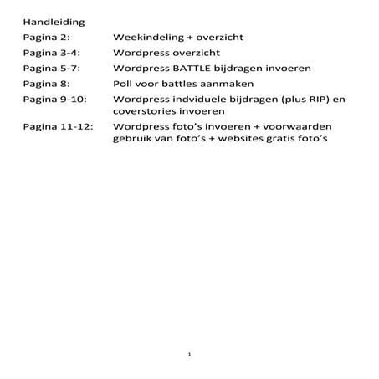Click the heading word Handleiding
(x=52, y=22)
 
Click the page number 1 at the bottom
(x=191, y=356)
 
